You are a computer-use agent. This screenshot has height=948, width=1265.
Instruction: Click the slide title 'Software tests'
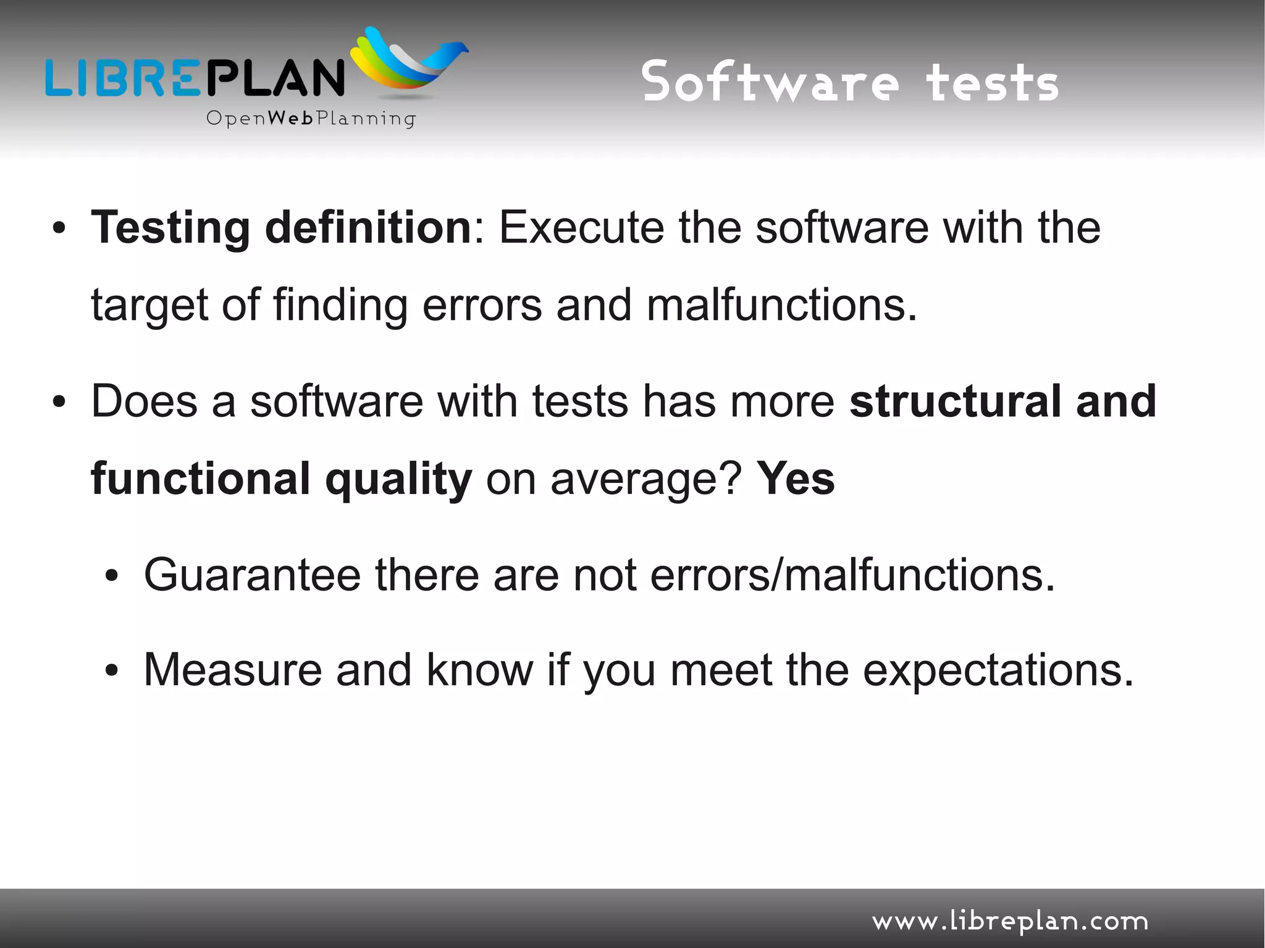click(850, 82)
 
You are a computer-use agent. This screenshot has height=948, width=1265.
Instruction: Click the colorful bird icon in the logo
click(409, 62)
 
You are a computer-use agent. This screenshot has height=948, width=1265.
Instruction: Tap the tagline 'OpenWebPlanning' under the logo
click(311, 118)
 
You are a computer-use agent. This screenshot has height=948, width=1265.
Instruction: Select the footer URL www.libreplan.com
click(1010, 921)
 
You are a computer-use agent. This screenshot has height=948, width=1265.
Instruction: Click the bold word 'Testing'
click(170, 229)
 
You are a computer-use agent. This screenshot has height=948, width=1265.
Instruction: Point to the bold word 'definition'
click(368, 227)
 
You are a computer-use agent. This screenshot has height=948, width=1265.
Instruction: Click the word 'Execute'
click(581, 227)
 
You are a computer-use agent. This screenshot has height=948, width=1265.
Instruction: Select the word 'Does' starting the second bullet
click(144, 401)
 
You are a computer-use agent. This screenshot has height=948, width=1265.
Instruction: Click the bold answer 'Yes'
click(796, 479)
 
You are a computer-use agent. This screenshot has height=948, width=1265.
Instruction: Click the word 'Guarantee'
click(252, 575)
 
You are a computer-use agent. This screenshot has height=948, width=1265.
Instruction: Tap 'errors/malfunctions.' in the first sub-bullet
click(852, 575)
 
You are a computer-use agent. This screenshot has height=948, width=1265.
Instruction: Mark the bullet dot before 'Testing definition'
click(59, 229)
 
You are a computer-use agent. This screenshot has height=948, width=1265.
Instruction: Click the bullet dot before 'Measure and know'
click(111, 671)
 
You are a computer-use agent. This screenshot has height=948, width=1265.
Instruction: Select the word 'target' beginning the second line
click(149, 306)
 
